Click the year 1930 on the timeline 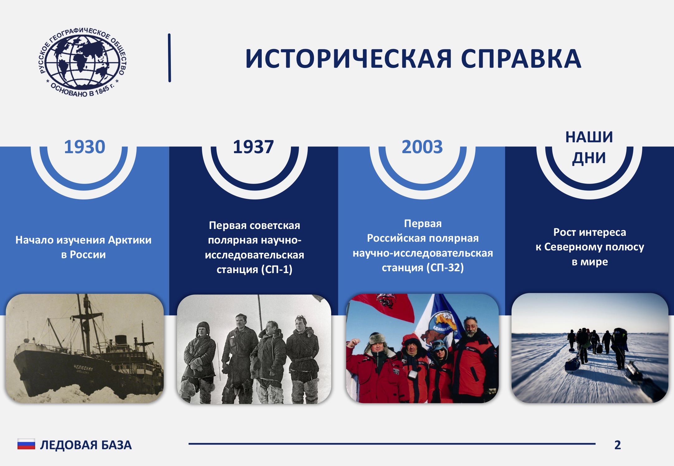click(x=85, y=147)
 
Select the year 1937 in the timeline click(x=253, y=147)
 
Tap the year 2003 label click(x=422, y=147)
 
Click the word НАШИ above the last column click(x=589, y=137)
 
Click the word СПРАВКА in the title click(x=521, y=59)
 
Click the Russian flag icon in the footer click(x=26, y=444)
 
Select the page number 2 click(x=618, y=445)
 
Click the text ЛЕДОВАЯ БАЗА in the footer click(x=86, y=445)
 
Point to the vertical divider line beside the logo click(x=170, y=58)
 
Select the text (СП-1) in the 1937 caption click(x=277, y=269)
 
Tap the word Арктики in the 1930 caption click(x=130, y=240)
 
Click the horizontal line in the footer click(x=392, y=444)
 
